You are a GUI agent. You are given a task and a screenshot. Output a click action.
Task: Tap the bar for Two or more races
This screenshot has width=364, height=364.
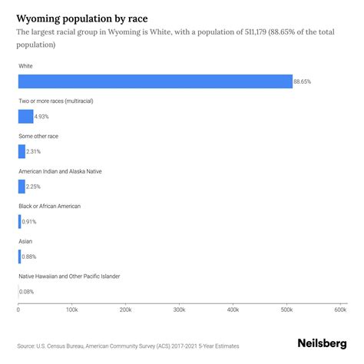point(25,117)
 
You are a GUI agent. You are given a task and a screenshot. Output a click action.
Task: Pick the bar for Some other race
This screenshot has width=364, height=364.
point(22,151)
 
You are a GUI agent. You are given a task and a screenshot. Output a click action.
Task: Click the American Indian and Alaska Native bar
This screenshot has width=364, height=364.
point(22,186)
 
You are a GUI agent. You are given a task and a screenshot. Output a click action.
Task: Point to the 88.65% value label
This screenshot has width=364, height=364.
point(303,81)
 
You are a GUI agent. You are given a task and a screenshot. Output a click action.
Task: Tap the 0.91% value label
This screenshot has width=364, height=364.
point(29,221)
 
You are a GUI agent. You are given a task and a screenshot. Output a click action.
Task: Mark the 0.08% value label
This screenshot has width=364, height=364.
point(27,291)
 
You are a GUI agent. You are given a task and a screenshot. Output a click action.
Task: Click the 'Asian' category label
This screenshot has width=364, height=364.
point(25,241)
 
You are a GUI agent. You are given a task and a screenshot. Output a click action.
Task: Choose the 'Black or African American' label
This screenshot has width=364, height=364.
point(49,206)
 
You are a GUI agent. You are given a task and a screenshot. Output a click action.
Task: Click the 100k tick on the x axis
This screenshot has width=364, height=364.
point(71,310)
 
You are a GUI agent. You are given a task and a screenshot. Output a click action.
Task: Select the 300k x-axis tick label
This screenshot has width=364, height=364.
point(179,310)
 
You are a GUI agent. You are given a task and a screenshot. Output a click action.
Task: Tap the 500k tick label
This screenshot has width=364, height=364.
point(286,310)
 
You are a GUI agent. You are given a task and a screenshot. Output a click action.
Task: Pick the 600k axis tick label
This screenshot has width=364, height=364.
point(339,310)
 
